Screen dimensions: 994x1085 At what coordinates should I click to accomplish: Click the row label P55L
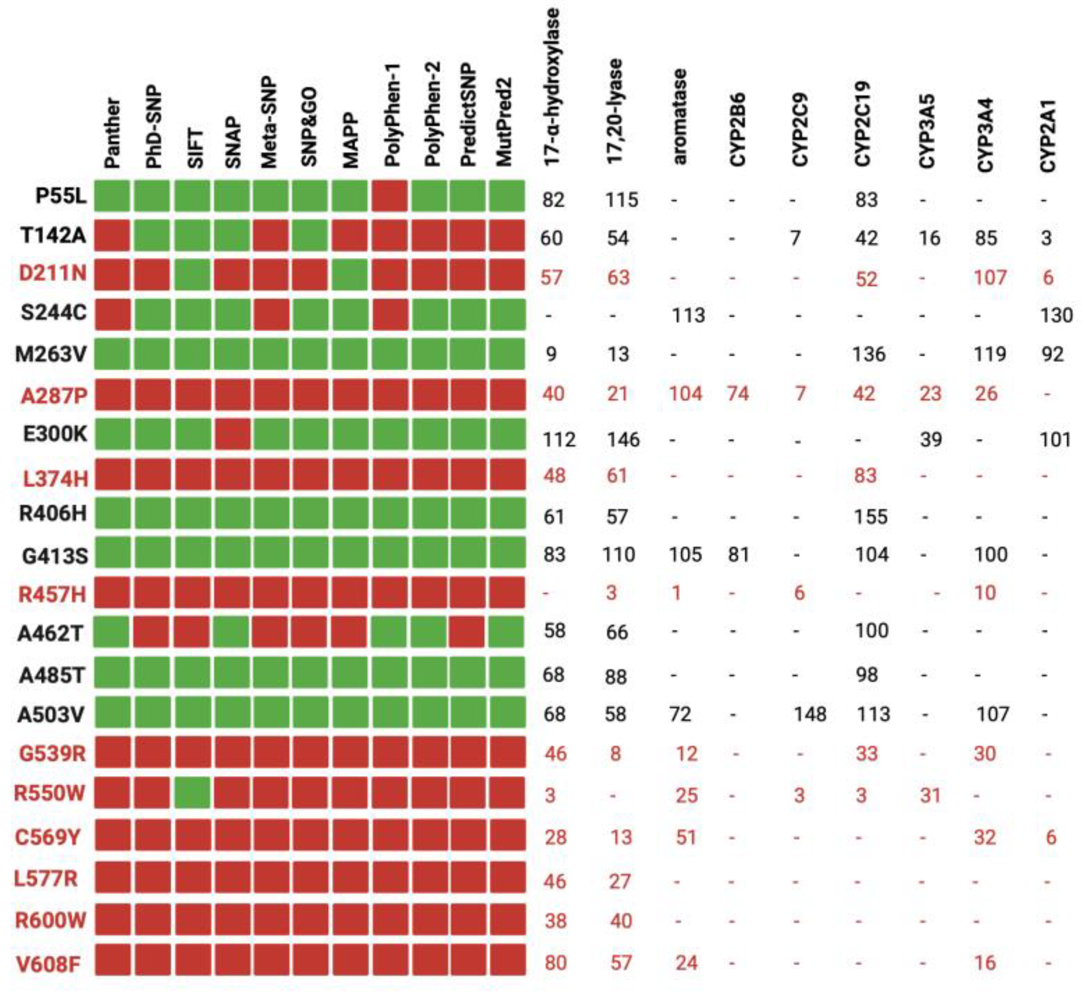click(60, 196)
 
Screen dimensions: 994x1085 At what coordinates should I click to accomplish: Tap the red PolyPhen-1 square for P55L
click(389, 195)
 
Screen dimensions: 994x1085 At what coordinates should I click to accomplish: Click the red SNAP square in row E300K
click(232, 434)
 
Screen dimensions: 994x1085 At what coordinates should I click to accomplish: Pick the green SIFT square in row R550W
click(192, 793)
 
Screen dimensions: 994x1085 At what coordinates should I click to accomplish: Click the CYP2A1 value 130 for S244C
click(1056, 315)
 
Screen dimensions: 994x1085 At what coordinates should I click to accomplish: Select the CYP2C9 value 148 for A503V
click(809, 714)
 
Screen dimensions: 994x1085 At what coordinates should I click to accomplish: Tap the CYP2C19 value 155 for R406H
click(870, 516)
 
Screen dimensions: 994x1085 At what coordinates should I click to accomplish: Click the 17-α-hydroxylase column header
click(552, 86)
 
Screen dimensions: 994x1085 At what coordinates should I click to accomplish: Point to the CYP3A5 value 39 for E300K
click(931, 439)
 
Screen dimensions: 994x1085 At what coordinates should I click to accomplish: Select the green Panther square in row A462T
click(111, 632)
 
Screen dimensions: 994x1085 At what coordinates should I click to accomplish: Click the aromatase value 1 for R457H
click(676, 593)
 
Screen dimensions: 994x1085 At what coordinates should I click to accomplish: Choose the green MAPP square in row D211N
click(350, 274)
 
